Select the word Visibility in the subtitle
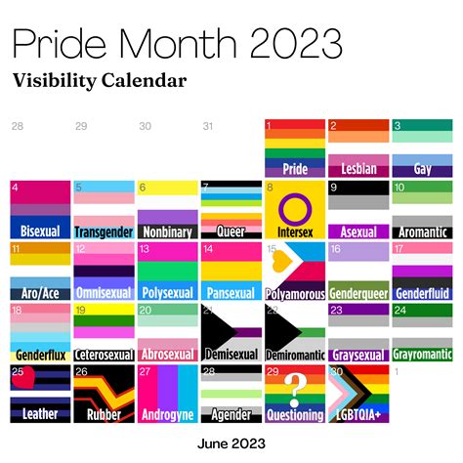pyautogui.click(x=59, y=79)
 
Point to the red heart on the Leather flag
pyautogui.click(x=30, y=377)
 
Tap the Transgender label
pyautogui.click(x=103, y=232)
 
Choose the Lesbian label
pyautogui.click(x=358, y=169)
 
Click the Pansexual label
pyautogui.click(x=231, y=292)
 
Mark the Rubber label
pyautogui.click(x=103, y=415)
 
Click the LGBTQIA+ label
pyautogui.click(x=358, y=415)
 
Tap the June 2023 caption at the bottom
pyautogui.click(x=231, y=444)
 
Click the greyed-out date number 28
pyautogui.click(x=17, y=125)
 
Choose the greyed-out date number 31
pyautogui.click(x=207, y=125)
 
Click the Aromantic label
pyautogui.click(x=422, y=232)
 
